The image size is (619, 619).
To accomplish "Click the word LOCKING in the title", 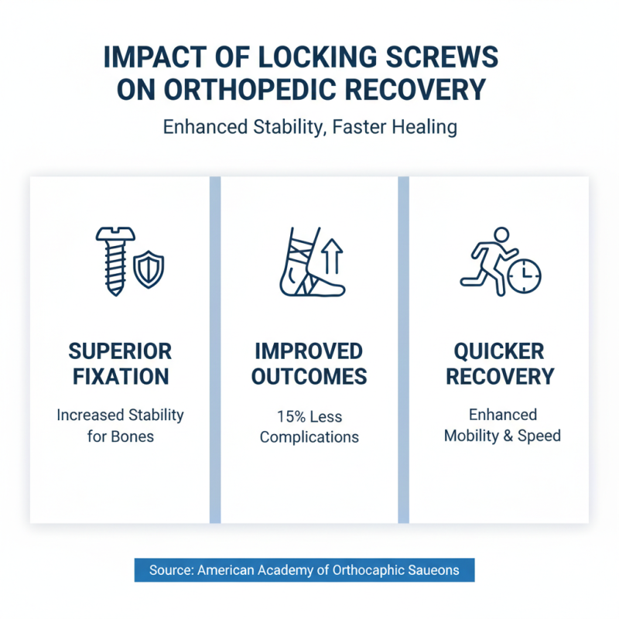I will (300, 59).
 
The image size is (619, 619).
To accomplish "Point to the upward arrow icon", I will (332, 256).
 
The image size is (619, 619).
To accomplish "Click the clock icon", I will (525, 274).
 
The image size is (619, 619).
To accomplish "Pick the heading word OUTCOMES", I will (309, 377).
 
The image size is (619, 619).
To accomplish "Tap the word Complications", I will (309, 437).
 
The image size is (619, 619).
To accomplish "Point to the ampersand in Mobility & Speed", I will (508, 436).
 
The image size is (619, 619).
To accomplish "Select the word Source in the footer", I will (169, 570).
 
